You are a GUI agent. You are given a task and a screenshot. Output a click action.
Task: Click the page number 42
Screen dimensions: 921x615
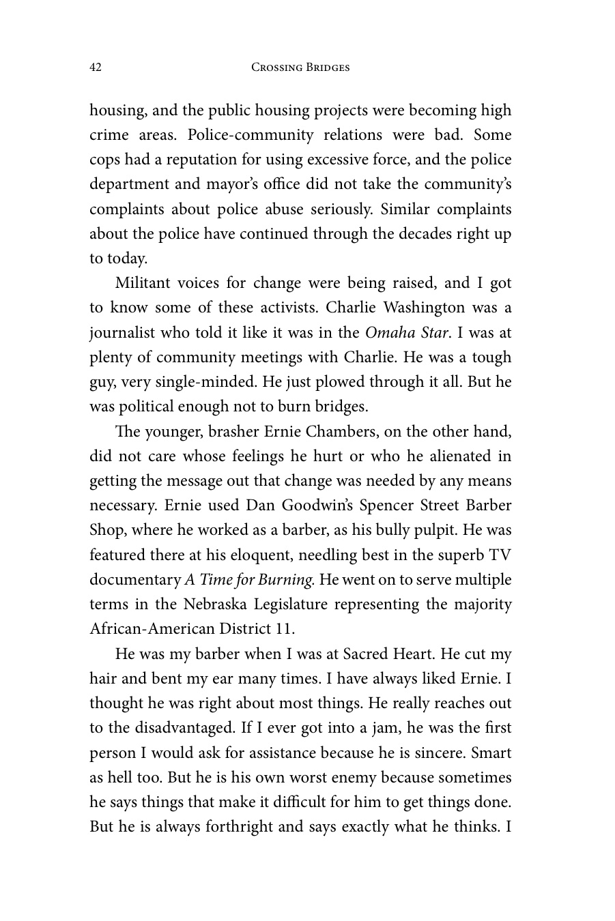[96, 67]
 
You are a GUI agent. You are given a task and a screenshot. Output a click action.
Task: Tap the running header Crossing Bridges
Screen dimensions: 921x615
[300, 67]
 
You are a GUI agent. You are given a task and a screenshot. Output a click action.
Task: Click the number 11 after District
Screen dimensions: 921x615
[284, 629]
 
